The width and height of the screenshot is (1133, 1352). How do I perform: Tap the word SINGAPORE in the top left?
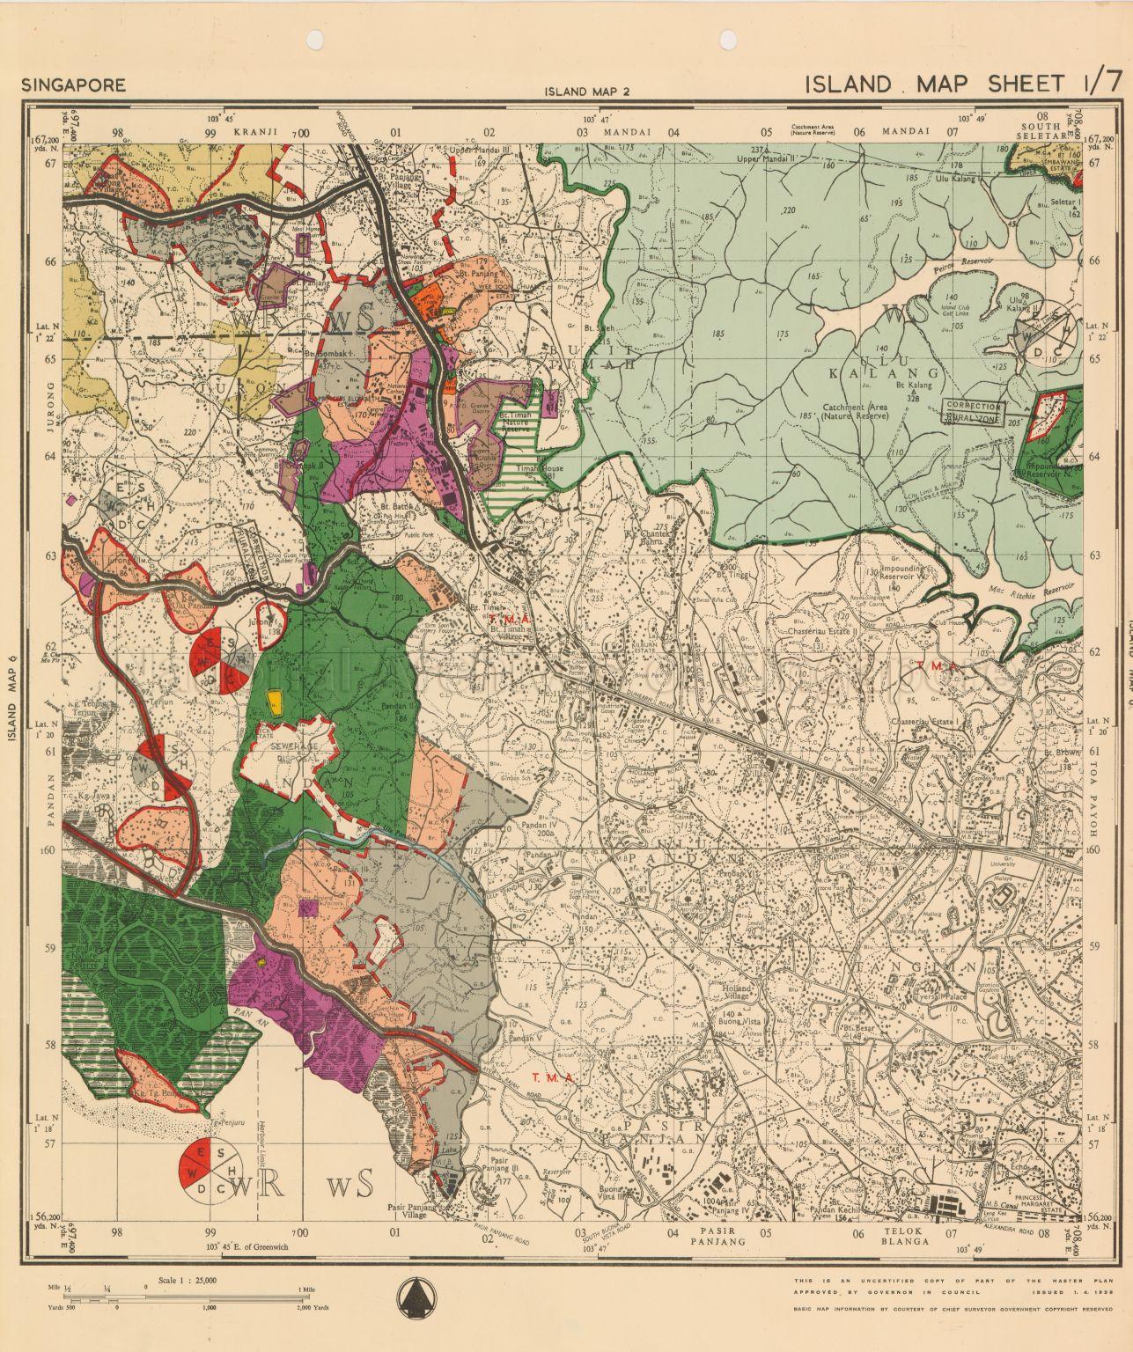pos(74,85)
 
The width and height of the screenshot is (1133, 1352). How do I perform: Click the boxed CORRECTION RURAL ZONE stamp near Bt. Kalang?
pos(973,411)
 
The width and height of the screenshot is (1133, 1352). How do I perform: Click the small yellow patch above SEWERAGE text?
pos(276,700)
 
